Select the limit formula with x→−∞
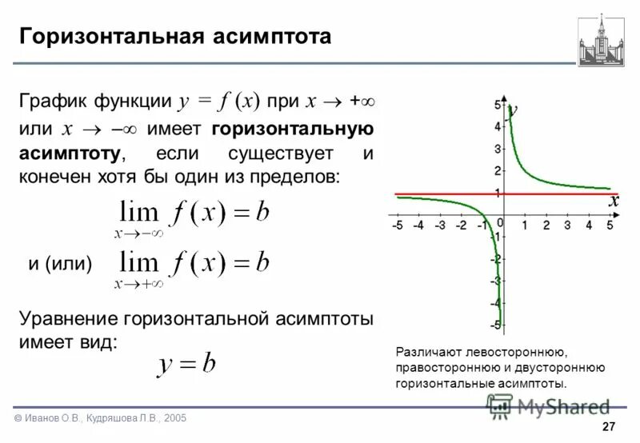(x=193, y=218)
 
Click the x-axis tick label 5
(x=610, y=226)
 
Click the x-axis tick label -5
(x=398, y=226)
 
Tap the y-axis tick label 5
(x=497, y=105)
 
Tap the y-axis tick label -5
(x=495, y=325)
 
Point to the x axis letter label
(x=614, y=202)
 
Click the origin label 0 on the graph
(x=500, y=222)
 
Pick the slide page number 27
(x=608, y=426)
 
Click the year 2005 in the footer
(x=174, y=419)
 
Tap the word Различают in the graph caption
(x=430, y=351)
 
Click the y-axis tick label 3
(x=497, y=149)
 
